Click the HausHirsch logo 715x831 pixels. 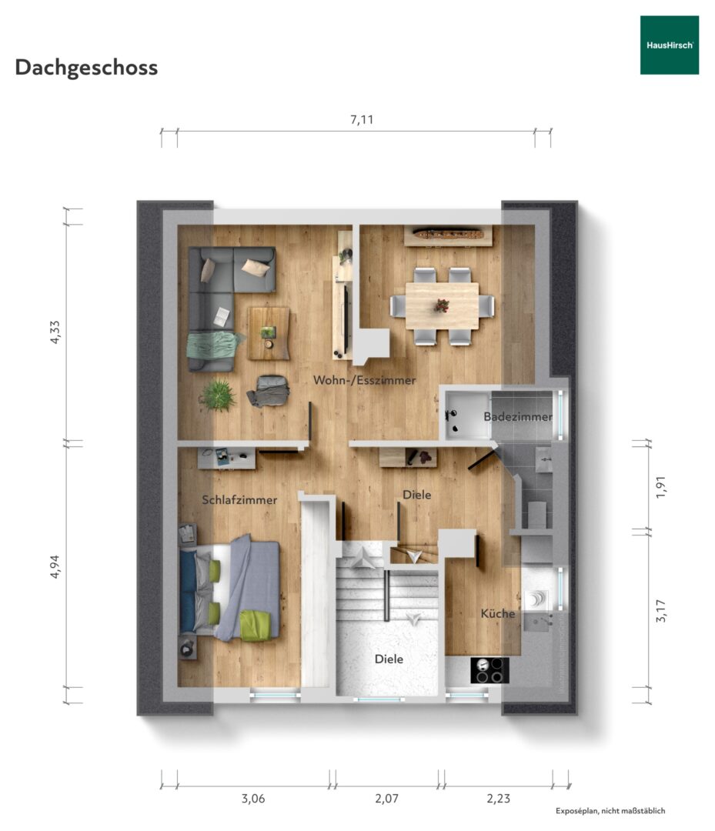pos(669,45)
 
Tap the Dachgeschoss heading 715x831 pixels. pos(86,68)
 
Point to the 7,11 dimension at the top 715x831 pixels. pos(362,120)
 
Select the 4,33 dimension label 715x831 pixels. pos(55,332)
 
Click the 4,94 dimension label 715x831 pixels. pos(55,566)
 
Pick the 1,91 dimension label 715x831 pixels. pos(660,487)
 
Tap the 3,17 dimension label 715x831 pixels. pos(660,610)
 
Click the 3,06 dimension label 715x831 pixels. pos(253,799)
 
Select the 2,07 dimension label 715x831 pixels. pos(387,799)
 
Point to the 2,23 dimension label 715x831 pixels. pos(498,799)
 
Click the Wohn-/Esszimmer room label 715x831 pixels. pos(364,380)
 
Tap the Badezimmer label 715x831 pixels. pos(518,416)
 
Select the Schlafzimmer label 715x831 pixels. pos(239,500)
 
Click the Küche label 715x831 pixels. pos(498,613)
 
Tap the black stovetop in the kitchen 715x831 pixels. pos(489,670)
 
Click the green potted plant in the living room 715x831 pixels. pos(218,395)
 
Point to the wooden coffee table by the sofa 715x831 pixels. pos(269,333)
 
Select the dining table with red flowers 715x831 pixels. pos(442,305)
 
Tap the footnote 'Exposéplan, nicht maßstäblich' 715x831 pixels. pos(610,811)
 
